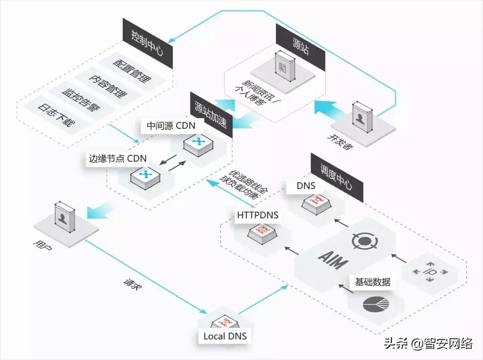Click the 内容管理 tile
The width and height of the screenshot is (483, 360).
coord(107,86)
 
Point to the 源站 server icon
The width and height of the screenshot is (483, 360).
coord(285,66)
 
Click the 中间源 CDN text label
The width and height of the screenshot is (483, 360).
coord(171,126)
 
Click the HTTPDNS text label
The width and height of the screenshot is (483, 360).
coord(258,215)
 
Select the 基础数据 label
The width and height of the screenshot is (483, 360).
coord(373,282)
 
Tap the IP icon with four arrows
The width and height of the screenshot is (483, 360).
coord(430,271)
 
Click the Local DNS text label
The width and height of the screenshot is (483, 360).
coord(225,336)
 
